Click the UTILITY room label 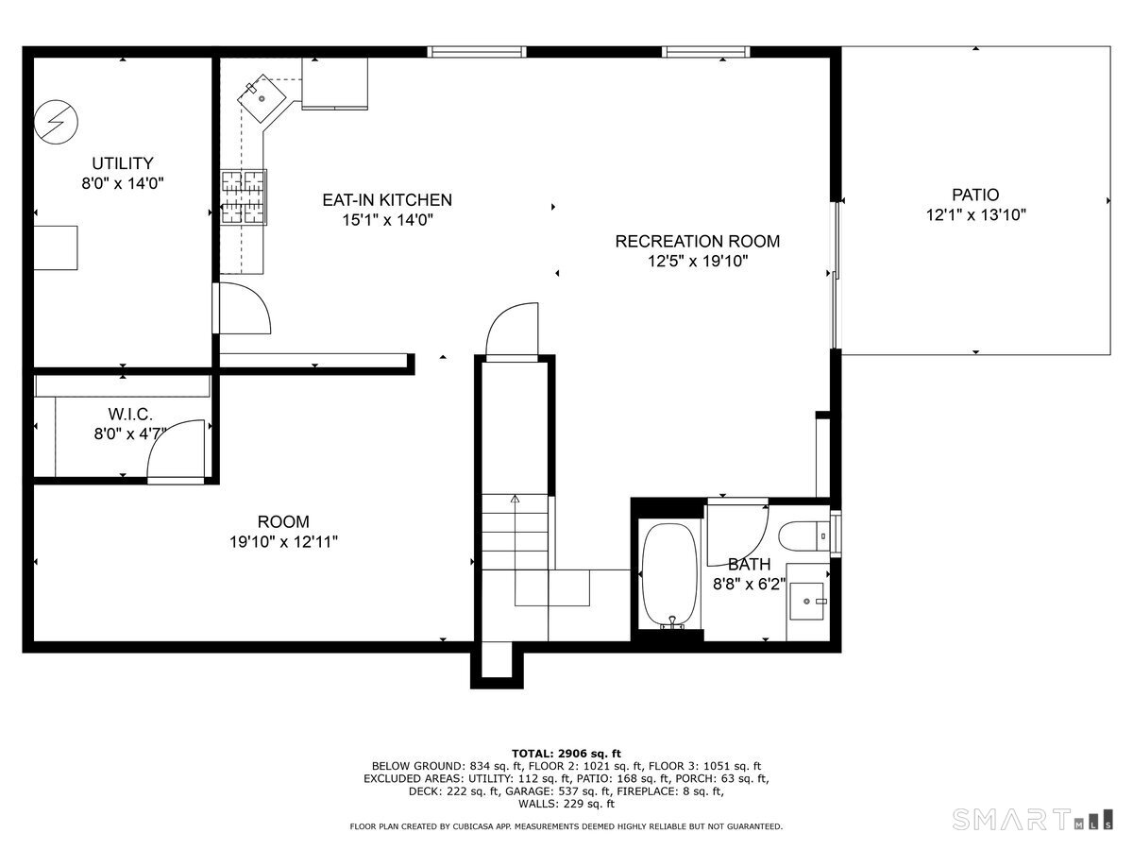tap(122, 163)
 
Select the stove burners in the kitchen tap(244, 197)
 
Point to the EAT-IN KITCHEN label tap(387, 200)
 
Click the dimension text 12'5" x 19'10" tap(698, 262)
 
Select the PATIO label tap(975, 195)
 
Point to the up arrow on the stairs tap(515, 498)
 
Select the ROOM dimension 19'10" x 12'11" tap(283, 542)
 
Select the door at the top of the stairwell tap(513, 331)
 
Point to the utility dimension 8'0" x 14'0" tap(124, 183)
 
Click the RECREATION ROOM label tap(698, 242)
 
